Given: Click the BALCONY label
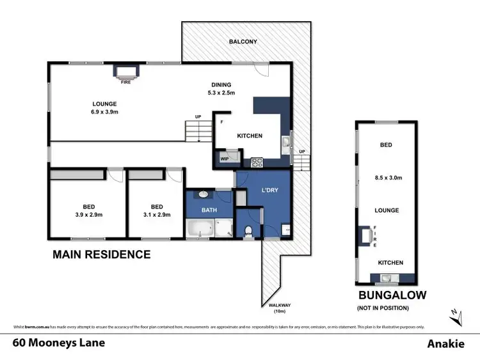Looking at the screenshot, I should (243, 42).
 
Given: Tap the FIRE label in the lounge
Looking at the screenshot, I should (126, 82).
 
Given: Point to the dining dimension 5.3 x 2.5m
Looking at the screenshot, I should (221, 93).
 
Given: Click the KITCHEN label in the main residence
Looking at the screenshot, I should (250, 136).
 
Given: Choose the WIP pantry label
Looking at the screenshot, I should (225, 159).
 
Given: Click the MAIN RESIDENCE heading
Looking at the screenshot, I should (101, 254).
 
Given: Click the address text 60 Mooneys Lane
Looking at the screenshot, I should (53, 343).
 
